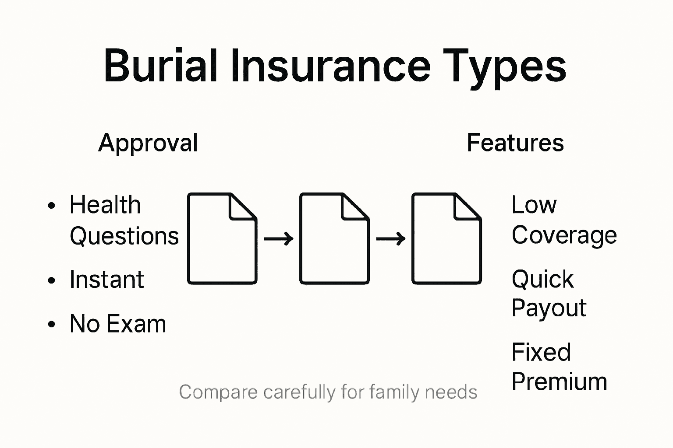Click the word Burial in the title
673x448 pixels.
tap(160, 66)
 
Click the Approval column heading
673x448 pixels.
tap(148, 143)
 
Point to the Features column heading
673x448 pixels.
tap(515, 143)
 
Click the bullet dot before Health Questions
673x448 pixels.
tap(52, 205)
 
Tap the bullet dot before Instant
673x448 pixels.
tap(52, 280)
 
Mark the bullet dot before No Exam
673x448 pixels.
tap(52, 324)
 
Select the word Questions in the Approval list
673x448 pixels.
tap(124, 237)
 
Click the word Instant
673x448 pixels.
tap(106, 280)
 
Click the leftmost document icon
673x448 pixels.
tap(222, 238)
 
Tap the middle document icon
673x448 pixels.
tap(334, 238)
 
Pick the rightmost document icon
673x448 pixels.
tap(446, 238)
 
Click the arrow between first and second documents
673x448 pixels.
tap(278, 239)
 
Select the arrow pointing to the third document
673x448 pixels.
tap(390, 239)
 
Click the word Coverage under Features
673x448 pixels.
tap(564, 236)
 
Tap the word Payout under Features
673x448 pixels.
tap(549, 308)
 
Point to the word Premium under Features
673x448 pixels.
tap(559, 382)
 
